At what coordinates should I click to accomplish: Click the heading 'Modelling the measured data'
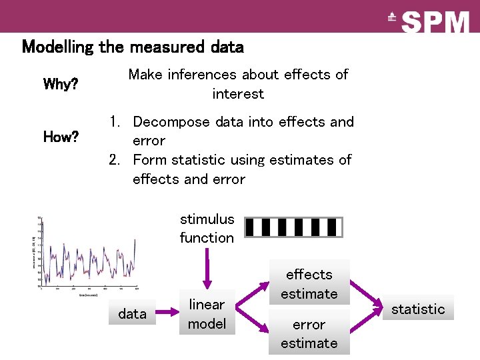(x=133, y=47)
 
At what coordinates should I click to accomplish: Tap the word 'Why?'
(x=60, y=85)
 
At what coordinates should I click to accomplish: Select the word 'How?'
(x=61, y=137)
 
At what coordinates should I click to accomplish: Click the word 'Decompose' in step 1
(x=168, y=122)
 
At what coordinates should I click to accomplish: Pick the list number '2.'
(x=117, y=160)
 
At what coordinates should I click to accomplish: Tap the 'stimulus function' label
(x=207, y=228)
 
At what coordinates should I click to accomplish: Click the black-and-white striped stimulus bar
(x=293, y=227)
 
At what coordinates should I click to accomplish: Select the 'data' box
(x=132, y=313)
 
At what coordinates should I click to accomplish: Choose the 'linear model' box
(x=207, y=313)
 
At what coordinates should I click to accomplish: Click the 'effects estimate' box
(x=309, y=283)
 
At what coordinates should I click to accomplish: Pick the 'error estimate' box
(x=309, y=333)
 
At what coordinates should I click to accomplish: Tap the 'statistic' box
(x=418, y=309)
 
